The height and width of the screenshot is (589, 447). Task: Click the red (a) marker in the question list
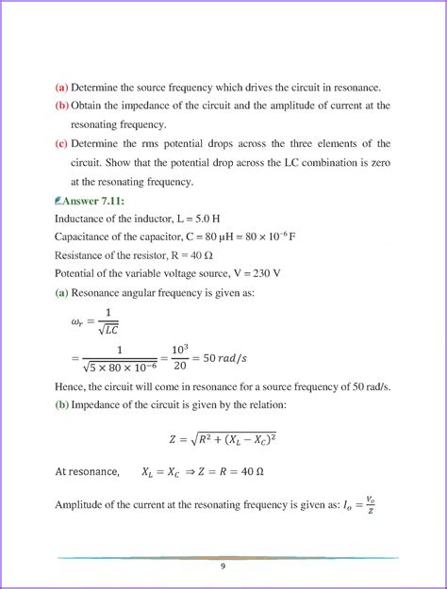click(62, 87)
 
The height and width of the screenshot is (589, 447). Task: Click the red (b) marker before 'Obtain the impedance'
click(62, 106)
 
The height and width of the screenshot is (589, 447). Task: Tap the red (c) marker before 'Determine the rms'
click(62, 144)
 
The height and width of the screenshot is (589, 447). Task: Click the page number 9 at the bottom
click(223, 566)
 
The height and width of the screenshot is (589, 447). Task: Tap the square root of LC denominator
click(108, 329)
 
